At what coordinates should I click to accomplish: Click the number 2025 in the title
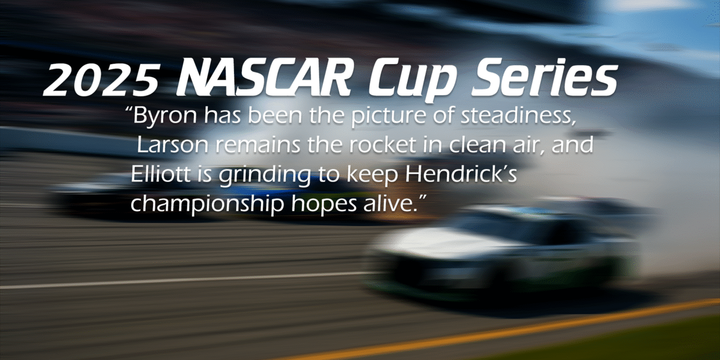pos(102,79)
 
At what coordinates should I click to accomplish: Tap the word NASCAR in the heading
pos(263,78)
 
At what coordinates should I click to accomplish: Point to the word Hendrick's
pos(461,174)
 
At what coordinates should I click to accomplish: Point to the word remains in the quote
pos(258,146)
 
